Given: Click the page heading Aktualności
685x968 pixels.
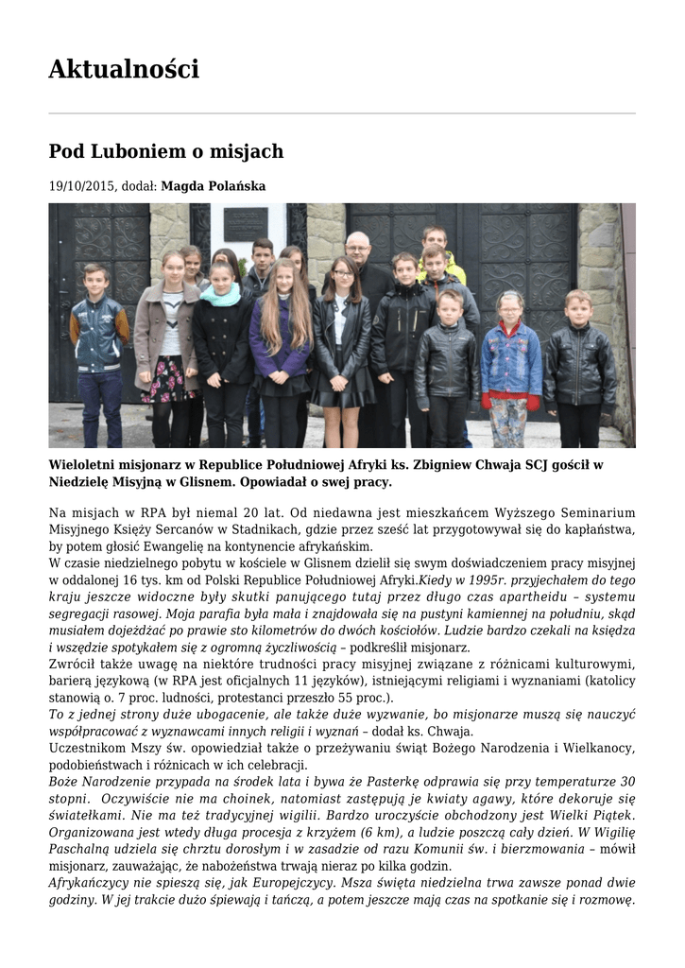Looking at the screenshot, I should coord(124,69).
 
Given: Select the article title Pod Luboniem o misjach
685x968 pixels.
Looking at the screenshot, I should coord(165,151).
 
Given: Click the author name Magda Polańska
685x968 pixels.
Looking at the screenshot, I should coord(213,186).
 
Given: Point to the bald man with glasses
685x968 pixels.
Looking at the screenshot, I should coord(358,251).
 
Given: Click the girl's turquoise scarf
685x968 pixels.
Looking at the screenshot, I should coord(221,296).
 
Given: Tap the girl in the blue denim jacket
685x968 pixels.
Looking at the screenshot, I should coord(511,354).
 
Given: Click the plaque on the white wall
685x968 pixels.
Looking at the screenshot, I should coord(245,223).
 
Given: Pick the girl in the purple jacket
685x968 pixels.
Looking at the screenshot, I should coord(280,331).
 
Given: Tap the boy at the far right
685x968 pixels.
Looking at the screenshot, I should coord(578,359).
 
